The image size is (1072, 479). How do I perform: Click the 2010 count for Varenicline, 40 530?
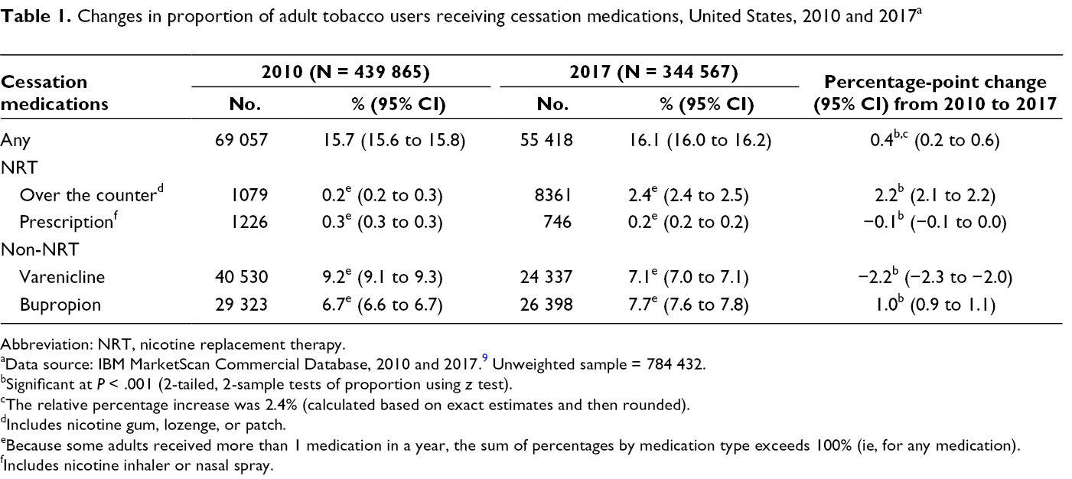(241, 277)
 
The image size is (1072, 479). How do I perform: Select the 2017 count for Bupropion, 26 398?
(546, 305)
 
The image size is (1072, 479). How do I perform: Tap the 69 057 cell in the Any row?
(241, 140)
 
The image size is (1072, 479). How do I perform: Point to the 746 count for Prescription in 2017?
(558, 222)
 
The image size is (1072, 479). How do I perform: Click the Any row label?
(15, 141)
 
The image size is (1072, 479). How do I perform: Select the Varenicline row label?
(62, 277)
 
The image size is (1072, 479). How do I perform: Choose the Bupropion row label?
(60, 305)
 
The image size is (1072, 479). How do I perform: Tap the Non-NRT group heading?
(40, 249)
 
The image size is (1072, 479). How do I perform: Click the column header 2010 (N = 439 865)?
(346, 72)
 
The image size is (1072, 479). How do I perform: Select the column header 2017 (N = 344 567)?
(653, 72)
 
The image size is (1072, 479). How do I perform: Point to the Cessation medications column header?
(54, 93)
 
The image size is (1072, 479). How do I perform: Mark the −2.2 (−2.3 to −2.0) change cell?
(936, 277)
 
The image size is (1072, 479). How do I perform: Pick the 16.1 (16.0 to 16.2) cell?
(699, 140)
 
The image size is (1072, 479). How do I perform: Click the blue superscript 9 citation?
(485, 358)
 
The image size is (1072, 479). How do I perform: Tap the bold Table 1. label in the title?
(35, 16)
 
